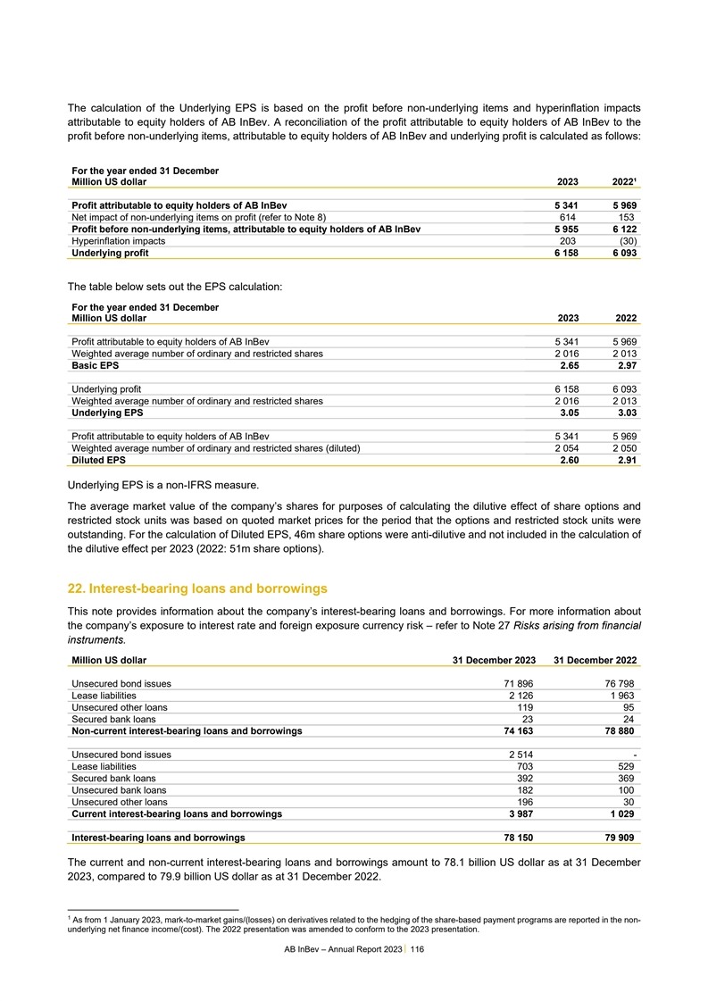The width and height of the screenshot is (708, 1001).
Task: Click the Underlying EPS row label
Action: coord(107,413)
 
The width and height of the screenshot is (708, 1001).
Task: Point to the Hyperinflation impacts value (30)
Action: coord(626,241)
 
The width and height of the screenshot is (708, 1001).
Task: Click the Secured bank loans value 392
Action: coord(523,778)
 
